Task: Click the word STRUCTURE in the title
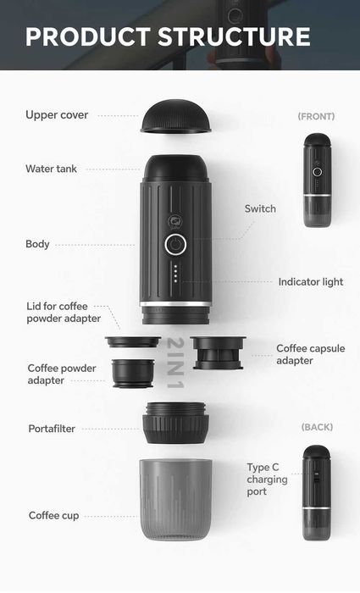(234, 36)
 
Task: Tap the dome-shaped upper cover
(176, 116)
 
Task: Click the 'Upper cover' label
(57, 115)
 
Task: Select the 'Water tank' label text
(51, 169)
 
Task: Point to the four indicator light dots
(175, 274)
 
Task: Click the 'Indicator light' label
(311, 282)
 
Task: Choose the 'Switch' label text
(260, 208)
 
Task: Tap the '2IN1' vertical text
(175, 363)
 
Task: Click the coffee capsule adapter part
(219, 352)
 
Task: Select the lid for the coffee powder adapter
(133, 342)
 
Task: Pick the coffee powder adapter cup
(133, 373)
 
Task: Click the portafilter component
(175, 423)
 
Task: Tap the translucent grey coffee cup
(175, 499)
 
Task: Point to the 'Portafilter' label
(52, 429)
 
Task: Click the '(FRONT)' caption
(316, 117)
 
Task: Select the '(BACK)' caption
(318, 427)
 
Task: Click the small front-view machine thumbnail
(318, 180)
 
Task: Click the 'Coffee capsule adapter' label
(311, 354)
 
